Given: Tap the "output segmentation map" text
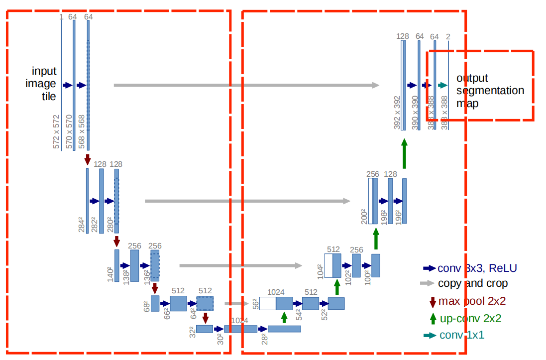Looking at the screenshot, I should click(490, 91).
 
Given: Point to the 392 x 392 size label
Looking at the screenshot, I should click(397, 113).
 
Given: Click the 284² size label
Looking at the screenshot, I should click(82, 225).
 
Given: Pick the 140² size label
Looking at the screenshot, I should click(110, 274).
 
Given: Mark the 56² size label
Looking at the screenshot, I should click(255, 304).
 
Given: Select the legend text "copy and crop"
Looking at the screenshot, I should click(472, 283).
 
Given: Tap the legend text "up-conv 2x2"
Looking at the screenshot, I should click(470, 318).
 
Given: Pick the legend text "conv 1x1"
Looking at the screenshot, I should click(461, 335).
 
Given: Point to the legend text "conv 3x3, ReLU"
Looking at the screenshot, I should click(477, 268).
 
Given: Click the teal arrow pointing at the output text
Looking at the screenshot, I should click(442, 85).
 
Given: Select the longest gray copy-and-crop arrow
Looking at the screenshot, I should click(246, 85).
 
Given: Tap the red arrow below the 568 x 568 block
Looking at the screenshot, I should click(88, 159).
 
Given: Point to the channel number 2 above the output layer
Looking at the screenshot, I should click(448, 36).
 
